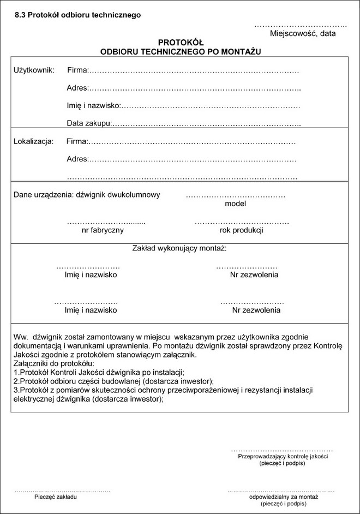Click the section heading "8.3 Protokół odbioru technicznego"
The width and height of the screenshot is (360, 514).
77,15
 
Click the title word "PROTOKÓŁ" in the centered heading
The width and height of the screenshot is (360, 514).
181,42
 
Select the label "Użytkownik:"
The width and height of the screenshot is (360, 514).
34,70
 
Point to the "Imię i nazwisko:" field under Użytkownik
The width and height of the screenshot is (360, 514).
93,105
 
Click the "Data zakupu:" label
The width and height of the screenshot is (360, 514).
89,123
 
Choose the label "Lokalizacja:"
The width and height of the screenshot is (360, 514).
33,142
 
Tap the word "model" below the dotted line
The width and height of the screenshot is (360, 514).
235,204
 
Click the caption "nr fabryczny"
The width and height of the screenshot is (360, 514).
103,230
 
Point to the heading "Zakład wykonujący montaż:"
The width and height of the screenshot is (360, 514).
179,248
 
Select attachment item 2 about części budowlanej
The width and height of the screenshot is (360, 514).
113,381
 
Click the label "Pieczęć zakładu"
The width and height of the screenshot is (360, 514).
56,498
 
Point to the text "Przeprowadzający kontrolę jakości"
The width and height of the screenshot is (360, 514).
283,456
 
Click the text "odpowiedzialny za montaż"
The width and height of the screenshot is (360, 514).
283,498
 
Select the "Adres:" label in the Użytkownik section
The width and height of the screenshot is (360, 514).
77,88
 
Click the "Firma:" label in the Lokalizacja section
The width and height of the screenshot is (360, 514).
77,142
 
